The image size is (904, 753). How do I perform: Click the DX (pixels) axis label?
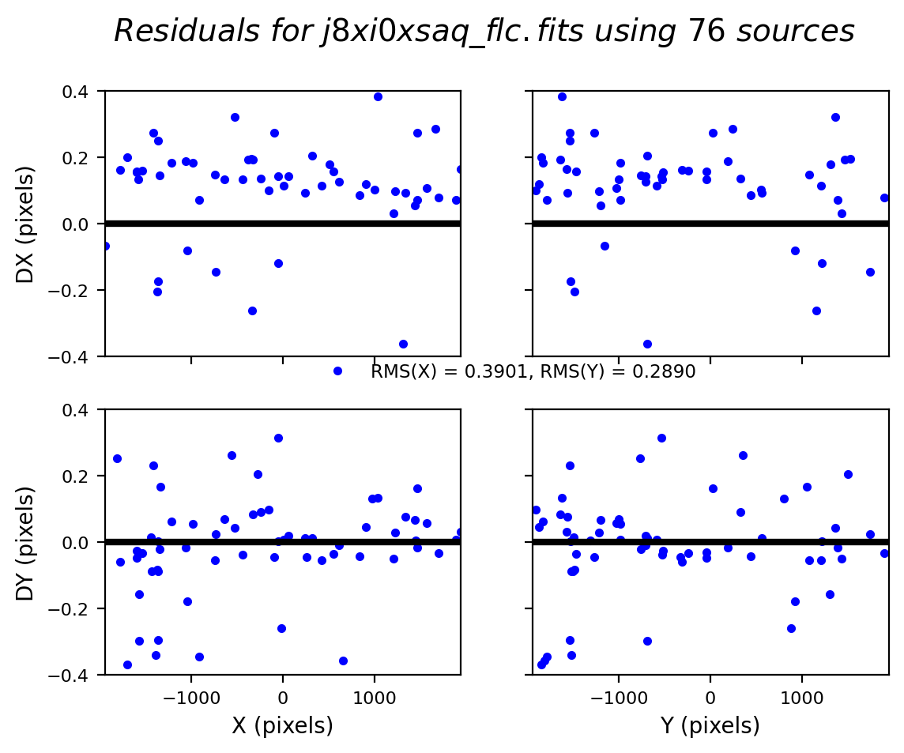[x=25, y=224]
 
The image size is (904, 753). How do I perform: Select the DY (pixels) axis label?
[x=25, y=543]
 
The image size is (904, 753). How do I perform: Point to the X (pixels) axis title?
[x=282, y=725]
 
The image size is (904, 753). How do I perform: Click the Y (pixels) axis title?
[x=710, y=725]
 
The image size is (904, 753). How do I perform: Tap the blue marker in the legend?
[x=337, y=371]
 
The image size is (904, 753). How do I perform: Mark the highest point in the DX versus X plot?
[x=378, y=96]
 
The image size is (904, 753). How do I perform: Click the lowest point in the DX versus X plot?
[x=403, y=344]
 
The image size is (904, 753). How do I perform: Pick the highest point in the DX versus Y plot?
[x=562, y=96]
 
